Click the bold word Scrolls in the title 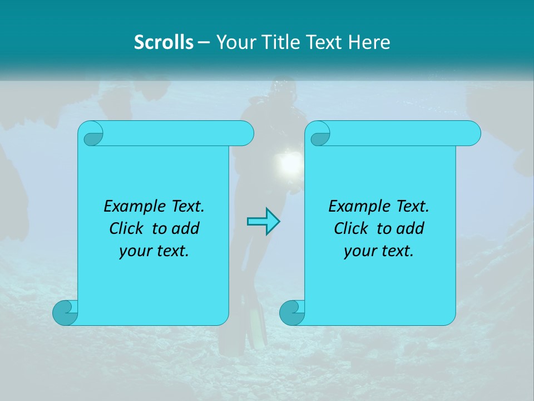point(164,42)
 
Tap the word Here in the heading point(369,42)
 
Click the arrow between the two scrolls point(263,221)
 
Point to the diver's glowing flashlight point(289,163)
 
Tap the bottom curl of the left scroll point(65,312)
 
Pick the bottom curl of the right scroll point(292,312)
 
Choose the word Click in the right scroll point(351,228)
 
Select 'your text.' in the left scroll point(154,251)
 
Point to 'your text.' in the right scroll point(379,251)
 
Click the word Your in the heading point(233,42)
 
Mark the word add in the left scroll point(187,228)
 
